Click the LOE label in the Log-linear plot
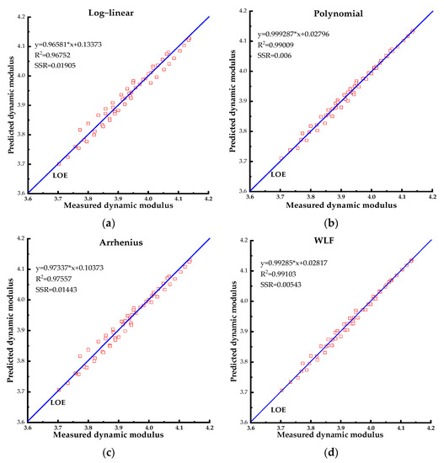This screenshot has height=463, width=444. [61, 175]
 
